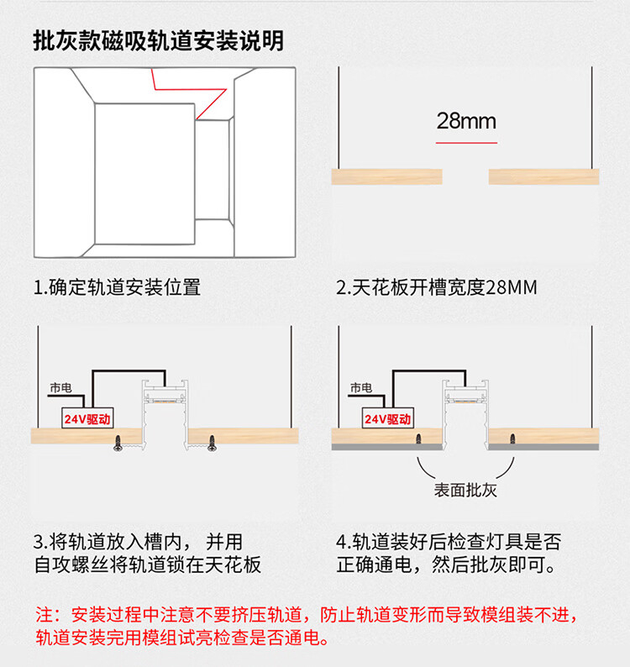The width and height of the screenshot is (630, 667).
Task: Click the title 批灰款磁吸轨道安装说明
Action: tap(158, 41)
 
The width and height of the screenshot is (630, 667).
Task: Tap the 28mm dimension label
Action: tap(466, 121)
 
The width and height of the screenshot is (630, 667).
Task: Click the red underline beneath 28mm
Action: tap(466, 143)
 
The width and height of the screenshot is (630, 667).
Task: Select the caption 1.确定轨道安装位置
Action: tap(117, 287)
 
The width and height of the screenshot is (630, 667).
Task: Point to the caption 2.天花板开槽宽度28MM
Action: tap(437, 287)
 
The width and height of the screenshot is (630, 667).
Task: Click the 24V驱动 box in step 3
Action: tap(87, 418)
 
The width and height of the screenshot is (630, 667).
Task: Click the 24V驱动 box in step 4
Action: tap(387, 418)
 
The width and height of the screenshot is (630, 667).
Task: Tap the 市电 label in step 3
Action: tap(60, 388)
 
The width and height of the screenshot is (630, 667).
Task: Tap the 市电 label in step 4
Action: tap(361, 388)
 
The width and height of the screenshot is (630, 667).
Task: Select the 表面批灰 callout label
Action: tap(465, 490)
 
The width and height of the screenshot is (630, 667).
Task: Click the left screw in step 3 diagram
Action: tap(118, 444)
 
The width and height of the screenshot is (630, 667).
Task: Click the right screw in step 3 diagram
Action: tap(212, 444)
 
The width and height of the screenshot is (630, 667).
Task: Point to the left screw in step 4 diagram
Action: tap(418, 439)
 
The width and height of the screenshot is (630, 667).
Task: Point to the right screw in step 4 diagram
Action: tap(512, 439)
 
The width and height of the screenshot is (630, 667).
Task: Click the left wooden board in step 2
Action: tap(387, 176)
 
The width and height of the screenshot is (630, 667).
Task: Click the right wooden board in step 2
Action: tap(544, 176)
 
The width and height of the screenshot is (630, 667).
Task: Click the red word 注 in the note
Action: tap(44, 615)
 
